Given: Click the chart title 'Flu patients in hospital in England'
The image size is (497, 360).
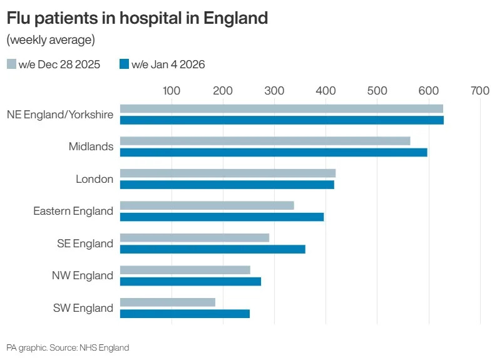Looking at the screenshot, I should (137, 18).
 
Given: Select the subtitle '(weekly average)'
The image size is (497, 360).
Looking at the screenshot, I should (51, 40).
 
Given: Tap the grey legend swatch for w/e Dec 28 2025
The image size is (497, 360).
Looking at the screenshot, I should (11, 64).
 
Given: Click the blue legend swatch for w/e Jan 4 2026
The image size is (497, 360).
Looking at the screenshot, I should (124, 64).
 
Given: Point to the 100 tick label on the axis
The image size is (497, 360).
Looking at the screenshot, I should (172, 91).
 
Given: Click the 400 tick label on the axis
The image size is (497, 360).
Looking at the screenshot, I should (325, 91).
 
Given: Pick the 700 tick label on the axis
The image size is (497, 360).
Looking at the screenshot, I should (479, 91).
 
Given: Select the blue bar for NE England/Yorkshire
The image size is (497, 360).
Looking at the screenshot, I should (282, 120).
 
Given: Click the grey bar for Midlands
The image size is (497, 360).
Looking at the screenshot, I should (265, 141).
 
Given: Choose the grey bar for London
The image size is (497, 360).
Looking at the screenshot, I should (227, 173).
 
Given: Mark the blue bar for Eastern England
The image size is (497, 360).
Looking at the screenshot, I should (222, 217).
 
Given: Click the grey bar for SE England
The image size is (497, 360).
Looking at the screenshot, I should (194, 238).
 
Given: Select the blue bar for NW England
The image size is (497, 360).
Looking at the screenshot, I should (190, 281).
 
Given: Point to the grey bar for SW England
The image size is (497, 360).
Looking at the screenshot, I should (167, 302).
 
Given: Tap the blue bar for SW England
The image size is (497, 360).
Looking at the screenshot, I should (185, 314).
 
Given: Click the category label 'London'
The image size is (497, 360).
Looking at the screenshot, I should (95, 179).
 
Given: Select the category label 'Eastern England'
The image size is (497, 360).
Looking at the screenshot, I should (73, 211).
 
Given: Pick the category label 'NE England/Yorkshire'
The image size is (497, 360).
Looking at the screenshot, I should (60, 115).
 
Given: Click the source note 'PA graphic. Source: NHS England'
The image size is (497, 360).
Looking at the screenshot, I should (68, 347).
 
